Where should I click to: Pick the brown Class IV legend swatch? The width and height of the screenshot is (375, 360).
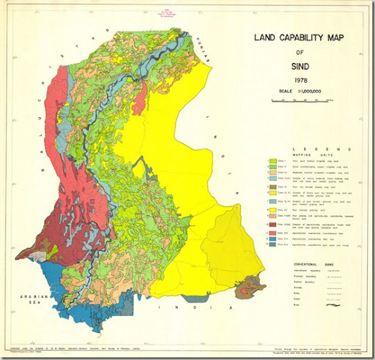tap(272, 187)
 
